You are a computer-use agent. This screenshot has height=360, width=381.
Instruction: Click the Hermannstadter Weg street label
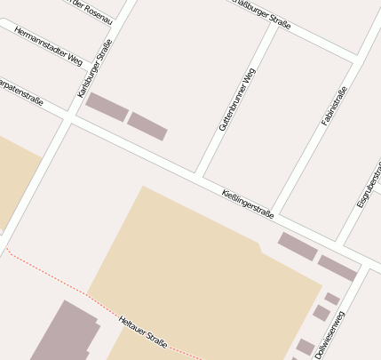click(x=48, y=46)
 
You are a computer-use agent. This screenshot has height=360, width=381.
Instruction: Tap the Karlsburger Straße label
click(x=95, y=68)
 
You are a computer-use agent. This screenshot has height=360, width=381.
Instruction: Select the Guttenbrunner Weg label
click(x=237, y=98)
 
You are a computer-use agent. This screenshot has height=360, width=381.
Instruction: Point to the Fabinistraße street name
click(x=334, y=104)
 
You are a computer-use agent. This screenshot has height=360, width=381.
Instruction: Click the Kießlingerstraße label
click(x=247, y=204)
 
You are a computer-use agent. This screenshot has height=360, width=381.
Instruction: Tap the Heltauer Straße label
click(x=143, y=331)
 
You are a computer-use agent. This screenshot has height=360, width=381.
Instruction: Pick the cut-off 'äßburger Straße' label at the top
click(x=261, y=13)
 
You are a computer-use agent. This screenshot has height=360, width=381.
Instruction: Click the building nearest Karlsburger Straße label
click(x=107, y=107)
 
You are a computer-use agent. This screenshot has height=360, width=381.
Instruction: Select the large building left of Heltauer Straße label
click(x=66, y=333)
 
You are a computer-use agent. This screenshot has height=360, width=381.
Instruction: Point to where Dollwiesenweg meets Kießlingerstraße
click(x=362, y=268)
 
